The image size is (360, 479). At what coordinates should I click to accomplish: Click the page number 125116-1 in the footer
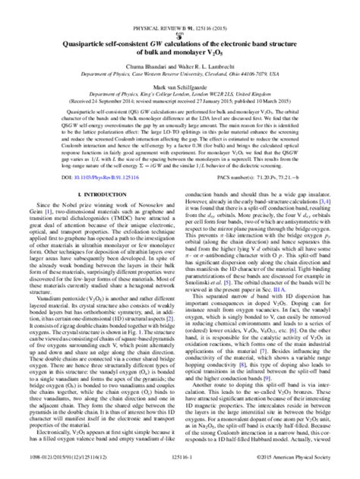(x=179, y=468)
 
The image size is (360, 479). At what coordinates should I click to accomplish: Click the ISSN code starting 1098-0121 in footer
(x=62, y=468)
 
